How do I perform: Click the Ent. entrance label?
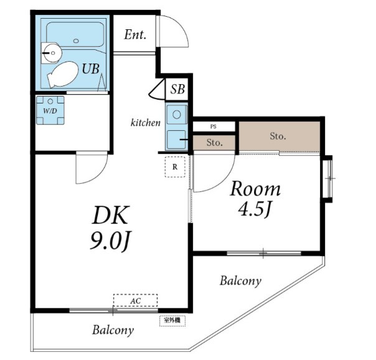point(135,35)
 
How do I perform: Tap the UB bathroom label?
point(91,69)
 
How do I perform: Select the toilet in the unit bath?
point(63,74)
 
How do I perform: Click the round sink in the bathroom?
point(52,53)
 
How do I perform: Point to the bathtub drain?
point(76,40)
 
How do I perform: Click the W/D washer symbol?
point(50,110)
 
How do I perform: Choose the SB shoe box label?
point(177,89)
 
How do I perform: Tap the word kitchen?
point(146,123)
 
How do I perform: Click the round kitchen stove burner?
point(177,115)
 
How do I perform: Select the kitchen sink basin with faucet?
point(177,140)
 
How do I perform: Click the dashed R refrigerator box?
point(175,167)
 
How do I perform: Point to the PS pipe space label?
point(213,126)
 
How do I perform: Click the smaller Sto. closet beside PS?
point(214,143)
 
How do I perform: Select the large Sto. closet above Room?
point(280,136)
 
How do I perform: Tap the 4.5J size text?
point(255,209)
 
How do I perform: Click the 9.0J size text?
point(111,240)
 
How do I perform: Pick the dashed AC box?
point(136,300)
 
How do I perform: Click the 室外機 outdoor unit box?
point(172,321)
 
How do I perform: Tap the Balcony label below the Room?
point(240,281)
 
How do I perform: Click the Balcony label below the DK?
point(113,330)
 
